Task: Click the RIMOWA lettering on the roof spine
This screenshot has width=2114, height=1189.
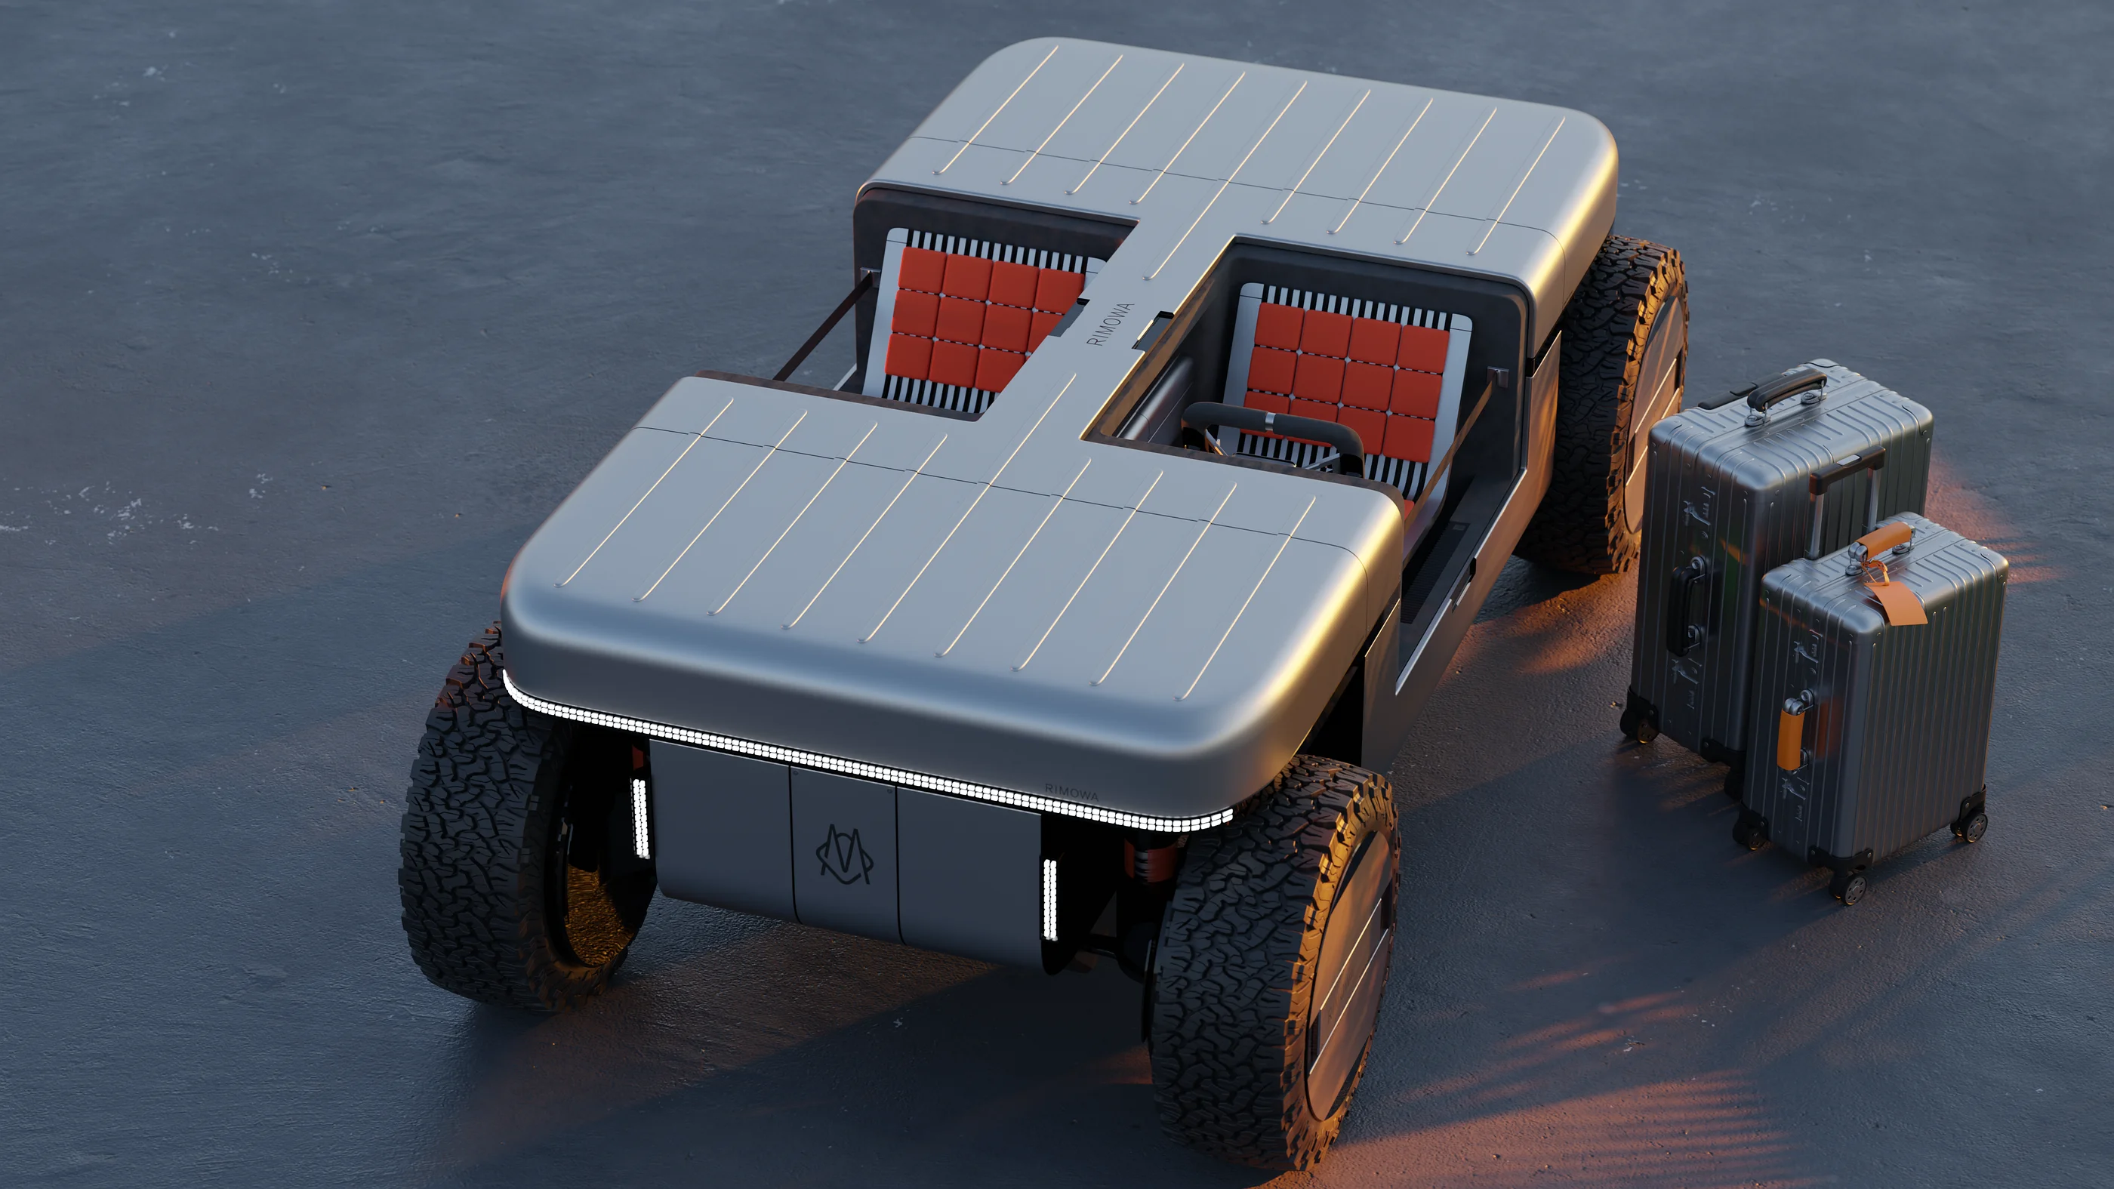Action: click(x=1110, y=323)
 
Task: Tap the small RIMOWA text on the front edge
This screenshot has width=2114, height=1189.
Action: click(x=1071, y=791)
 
